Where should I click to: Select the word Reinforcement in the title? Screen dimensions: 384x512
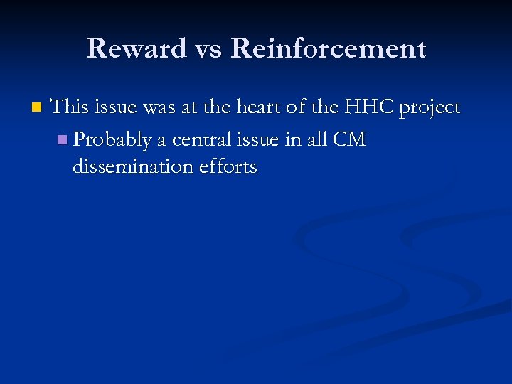[328, 49]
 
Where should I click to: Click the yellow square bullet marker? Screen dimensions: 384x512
[36, 108]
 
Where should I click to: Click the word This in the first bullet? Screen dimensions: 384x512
[69, 107]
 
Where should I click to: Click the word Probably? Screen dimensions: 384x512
[112, 141]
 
